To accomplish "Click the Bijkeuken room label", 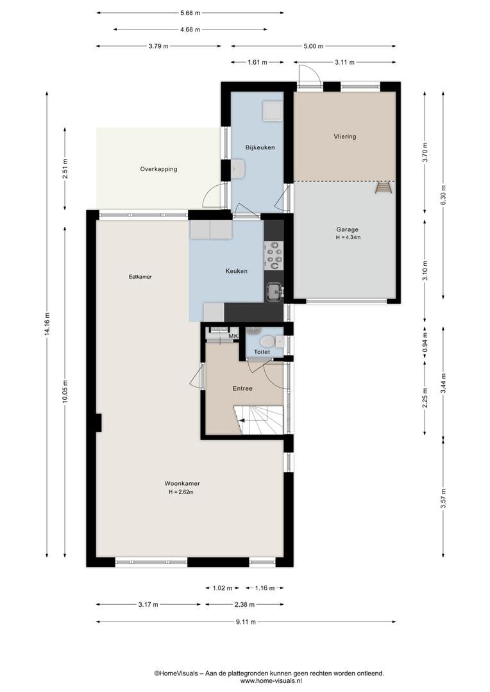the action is point(260,147).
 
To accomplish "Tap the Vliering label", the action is point(344,136).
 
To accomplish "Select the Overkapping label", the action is point(158,169).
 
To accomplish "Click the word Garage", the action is point(347,229).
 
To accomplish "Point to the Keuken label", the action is point(237,271).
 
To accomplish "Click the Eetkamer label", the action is point(140,277).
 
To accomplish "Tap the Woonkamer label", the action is point(182,483).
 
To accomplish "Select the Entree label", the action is point(242,388).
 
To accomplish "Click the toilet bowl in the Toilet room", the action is point(267,342).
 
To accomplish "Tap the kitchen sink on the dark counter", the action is point(275,292).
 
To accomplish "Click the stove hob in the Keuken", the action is point(274,256).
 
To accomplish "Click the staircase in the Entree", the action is point(258,420).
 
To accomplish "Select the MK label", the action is point(233,336).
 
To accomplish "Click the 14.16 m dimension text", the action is point(47,324).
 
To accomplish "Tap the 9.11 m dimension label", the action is point(246,622).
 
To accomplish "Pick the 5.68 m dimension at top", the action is point(190,13).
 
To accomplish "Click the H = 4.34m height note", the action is point(348,238).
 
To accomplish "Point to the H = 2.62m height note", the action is point(181,491).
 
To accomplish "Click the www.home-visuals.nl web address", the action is point(269,680).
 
